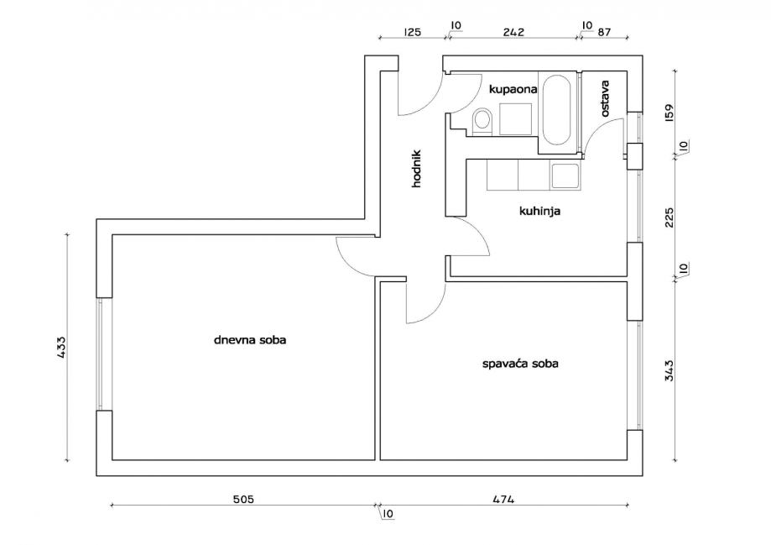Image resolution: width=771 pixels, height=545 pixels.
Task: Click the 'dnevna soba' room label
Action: [x=244, y=340]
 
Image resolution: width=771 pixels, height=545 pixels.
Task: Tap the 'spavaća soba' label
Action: [x=520, y=364]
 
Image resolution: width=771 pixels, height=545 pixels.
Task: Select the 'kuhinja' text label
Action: [x=539, y=212]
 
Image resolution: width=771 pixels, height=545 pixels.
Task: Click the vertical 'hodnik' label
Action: [x=416, y=168]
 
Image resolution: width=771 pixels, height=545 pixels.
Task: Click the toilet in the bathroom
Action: [x=482, y=121]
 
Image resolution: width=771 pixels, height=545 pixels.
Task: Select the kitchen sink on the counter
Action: [x=564, y=176]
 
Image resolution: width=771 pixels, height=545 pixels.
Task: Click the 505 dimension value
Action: [x=242, y=499]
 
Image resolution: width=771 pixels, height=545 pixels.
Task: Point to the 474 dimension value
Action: [x=503, y=499]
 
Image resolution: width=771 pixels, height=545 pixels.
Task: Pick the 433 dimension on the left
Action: [x=61, y=348]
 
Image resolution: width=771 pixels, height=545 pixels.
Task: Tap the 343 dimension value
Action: [x=669, y=370]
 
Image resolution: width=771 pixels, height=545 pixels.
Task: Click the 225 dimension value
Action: [x=669, y=217]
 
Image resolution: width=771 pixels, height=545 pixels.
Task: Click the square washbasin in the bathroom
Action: [x=515, y=118]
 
